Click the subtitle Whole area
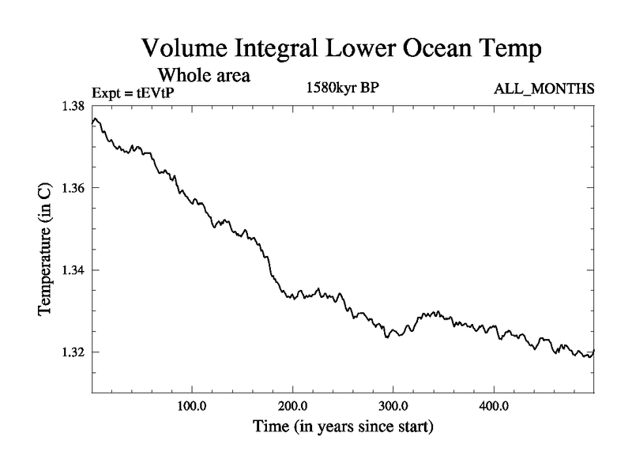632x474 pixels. click(205, 76)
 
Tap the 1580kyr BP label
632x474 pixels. click(343, 87)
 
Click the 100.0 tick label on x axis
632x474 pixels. click(192, 408)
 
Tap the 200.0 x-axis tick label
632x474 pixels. click(293, 408)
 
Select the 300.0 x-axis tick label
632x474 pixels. click(393, 408)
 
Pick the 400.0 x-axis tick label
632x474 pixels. click(494, 408)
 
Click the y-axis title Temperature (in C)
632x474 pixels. click(46, 249)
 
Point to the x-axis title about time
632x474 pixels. click(342, 428)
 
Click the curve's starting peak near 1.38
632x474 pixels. click(95, 119)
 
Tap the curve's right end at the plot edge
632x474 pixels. click(592, 351)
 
